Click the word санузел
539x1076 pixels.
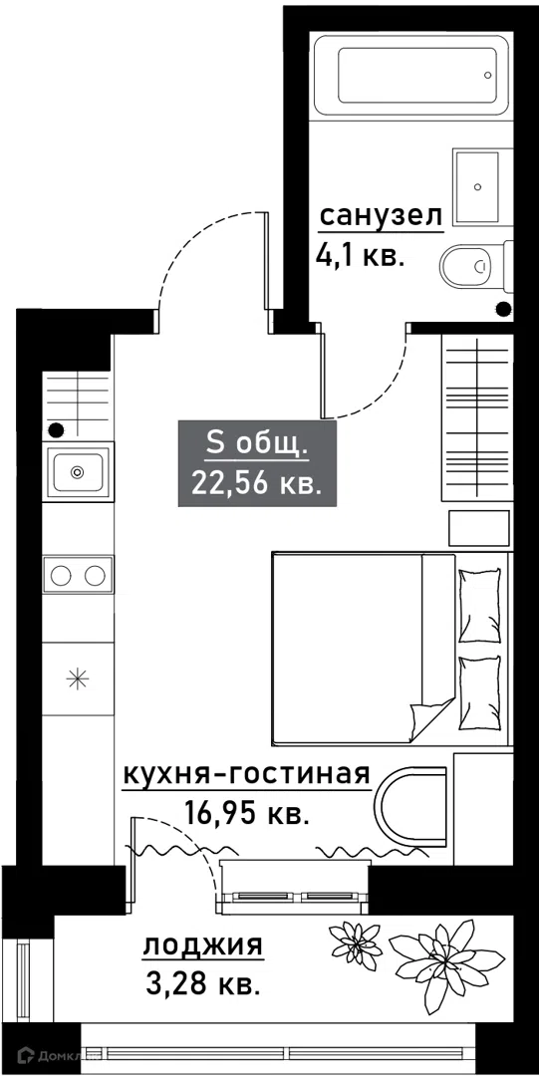point(380,216)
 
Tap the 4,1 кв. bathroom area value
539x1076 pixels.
point(358,256)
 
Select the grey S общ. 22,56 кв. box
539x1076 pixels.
point(257,464)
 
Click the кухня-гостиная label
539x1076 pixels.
point(246,775)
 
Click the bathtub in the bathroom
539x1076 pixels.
point(411,76)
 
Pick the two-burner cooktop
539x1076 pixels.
point(78,575)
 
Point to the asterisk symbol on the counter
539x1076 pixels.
point(77,678)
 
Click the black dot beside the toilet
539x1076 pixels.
point(504,309)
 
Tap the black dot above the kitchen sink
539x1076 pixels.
point(57,430)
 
